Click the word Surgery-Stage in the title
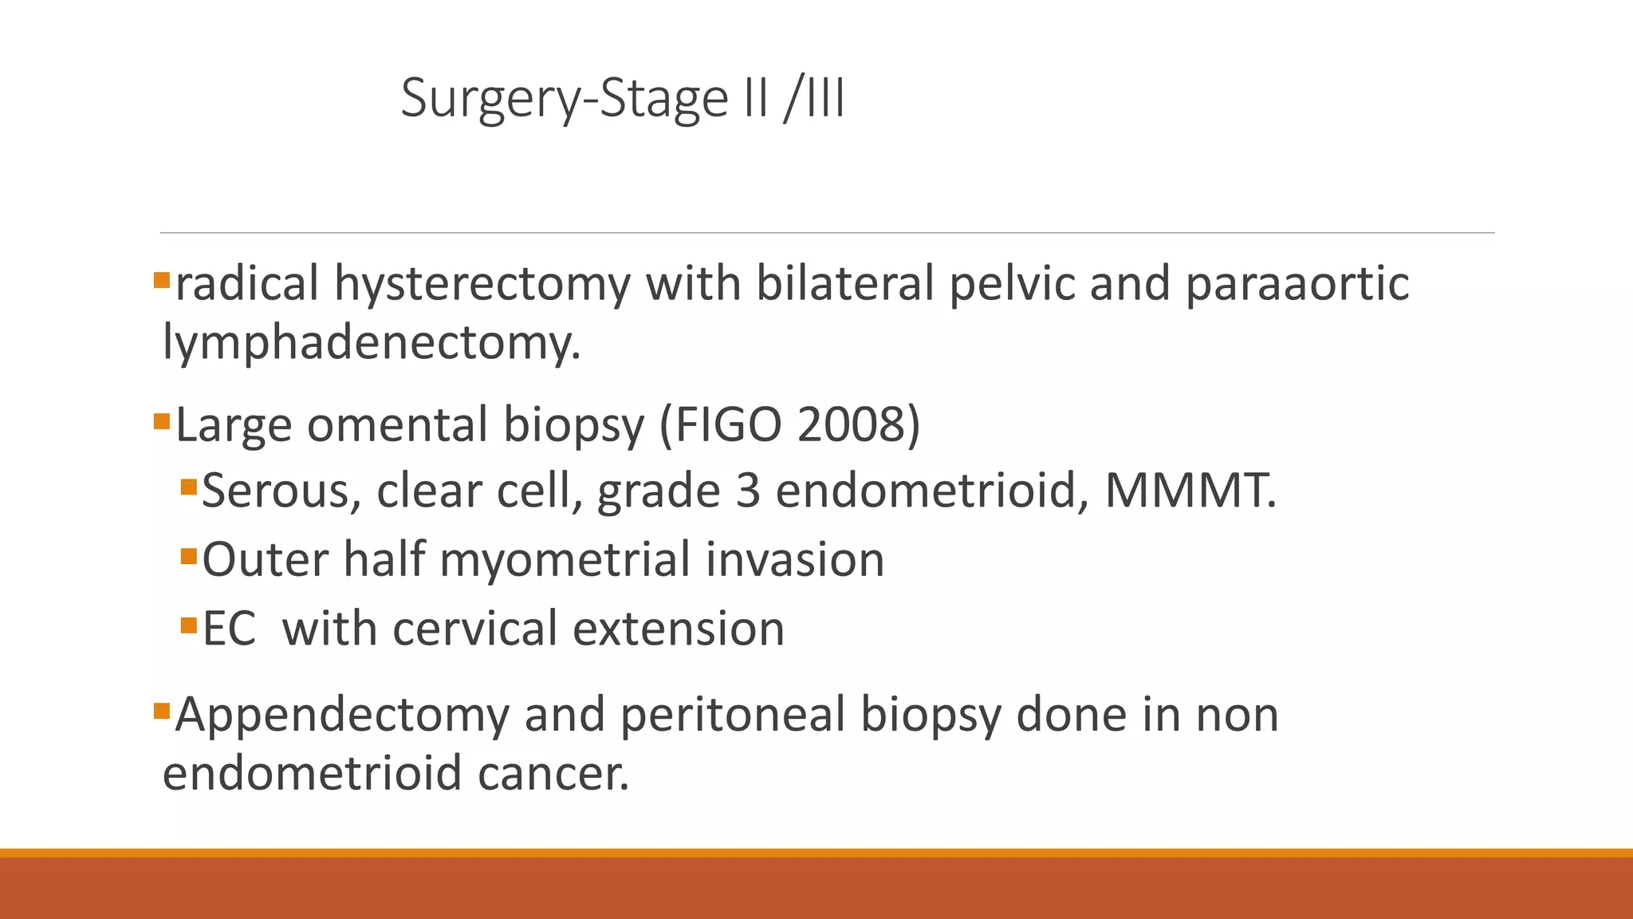[x=565, y=99]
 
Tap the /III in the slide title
[x=814, y=99]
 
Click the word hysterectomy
[x=482, y=284]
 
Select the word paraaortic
[x=1297, y=284]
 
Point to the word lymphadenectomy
[x=371, y=343]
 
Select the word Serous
[x=275, y=491]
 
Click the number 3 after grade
[x=748, y=491]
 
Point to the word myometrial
[x=565, y=560]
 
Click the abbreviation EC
[x=229, y=629]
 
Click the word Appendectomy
[x=342, y=715]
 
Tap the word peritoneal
[x=732, y=715]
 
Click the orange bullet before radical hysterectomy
[x=162, y=280]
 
